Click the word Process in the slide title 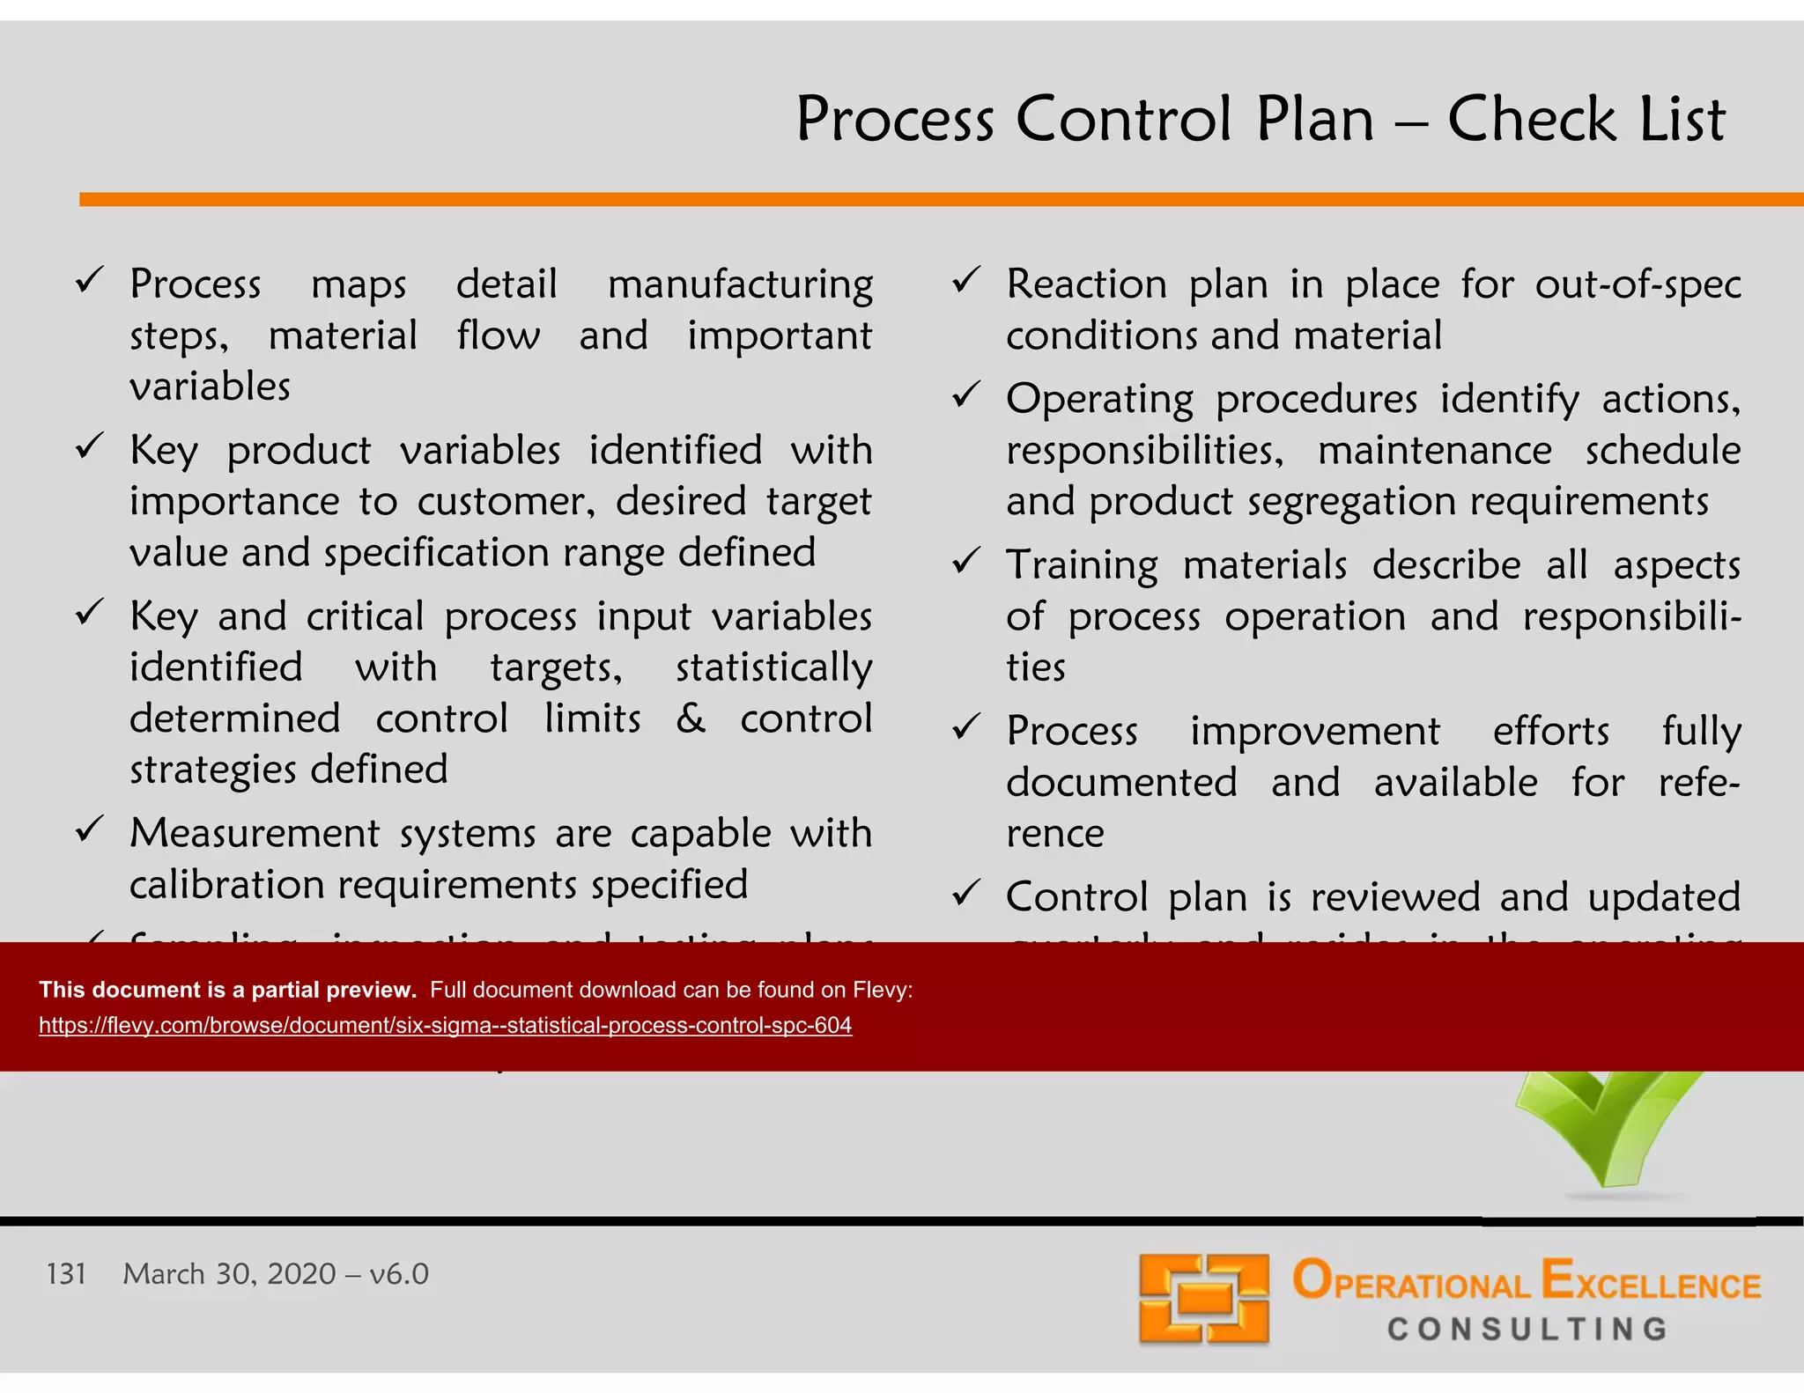pos(895,121)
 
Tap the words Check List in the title pos(1586,121)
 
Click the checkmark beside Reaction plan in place pos(966,281)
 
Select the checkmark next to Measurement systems pos(90,829)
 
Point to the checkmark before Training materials pos(966,561)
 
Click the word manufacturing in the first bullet pos(740,285)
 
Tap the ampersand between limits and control pos(691,718)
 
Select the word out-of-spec pos(1638,284)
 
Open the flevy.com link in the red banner pos(445,1026)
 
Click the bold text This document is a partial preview pos(227,990)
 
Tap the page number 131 pos(66,1274)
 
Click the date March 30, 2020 pos(229,1274)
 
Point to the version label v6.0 pos(399,1274)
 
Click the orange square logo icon pos(1203,1300)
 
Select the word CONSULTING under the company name pos(1527,1329)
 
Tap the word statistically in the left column pos(773,667)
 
